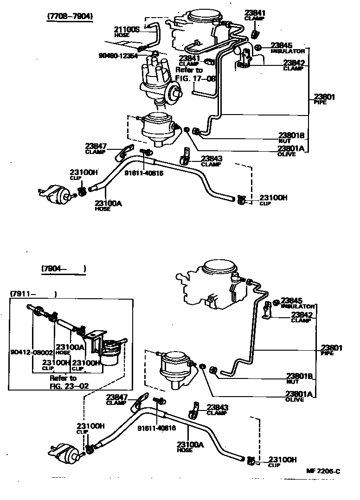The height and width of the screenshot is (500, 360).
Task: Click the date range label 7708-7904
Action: click(70, 16)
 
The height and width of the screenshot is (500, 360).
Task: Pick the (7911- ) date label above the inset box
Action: click(33, 294)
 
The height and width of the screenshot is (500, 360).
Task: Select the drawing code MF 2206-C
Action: click(323, 471)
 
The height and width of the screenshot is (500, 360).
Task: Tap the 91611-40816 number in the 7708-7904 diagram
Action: click(144, 173)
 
